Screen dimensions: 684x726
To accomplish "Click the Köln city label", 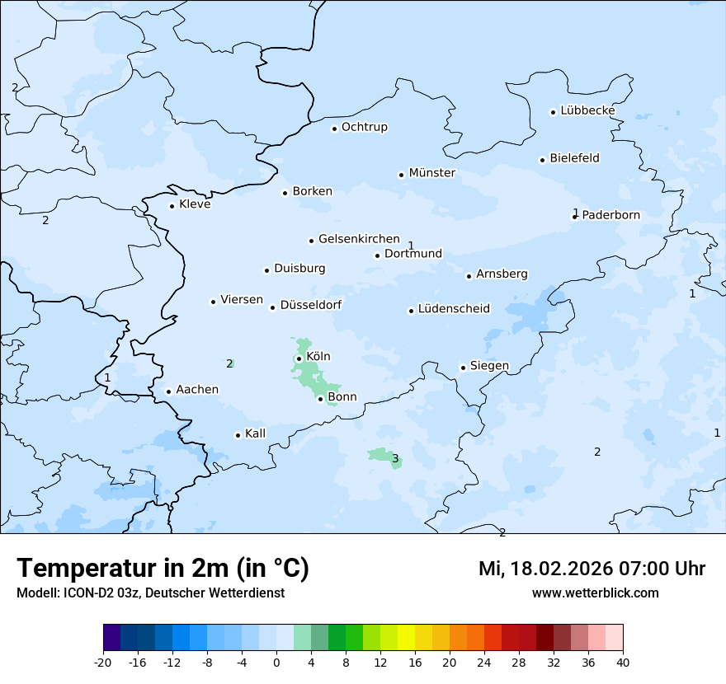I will pyautogui.click(x=318, y=357).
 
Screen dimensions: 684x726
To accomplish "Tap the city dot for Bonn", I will pyautogui.click(x=320, y=399).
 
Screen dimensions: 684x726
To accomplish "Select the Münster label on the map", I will pyautogui.click(x=431, y=173).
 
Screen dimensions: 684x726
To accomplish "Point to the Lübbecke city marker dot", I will pyautogui.click(x=553, y=112).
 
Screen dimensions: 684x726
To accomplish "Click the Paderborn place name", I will pyautogui.click(x=610, y=215).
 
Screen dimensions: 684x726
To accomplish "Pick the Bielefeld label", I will pyautogui.click(x=574, y=158).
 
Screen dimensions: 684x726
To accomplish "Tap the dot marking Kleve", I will pyautogui.click(x=172, y=206).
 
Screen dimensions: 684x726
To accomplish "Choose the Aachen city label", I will pyautogui.click(x=197, y=390).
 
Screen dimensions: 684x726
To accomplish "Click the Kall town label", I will pyautogui.click(x=255, y=433).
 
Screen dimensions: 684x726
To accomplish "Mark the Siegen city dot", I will pyautogui.click(x=463, y=368).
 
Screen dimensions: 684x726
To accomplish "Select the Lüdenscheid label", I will pyautogui.click(x=453, y=309).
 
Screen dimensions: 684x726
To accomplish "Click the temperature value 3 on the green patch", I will pyautogui.click(x=395, y=459).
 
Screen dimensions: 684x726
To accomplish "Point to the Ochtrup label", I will pyautogui.click(x=364, y=127).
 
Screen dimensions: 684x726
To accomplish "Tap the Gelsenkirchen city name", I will pyautogui.click(x=359, y=239).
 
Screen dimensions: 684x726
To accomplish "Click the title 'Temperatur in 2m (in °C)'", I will pyautogui.click(x=163, y=569).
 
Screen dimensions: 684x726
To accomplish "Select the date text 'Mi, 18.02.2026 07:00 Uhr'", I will pyautogui.click(x=592, y=569).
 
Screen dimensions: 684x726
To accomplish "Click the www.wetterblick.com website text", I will pyautogui.click(x=595, y=593).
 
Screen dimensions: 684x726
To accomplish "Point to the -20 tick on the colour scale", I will pyautogui.click(x=103, y=662).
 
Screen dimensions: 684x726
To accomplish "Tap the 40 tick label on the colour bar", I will pyautogui.click(x=623, y=662).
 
